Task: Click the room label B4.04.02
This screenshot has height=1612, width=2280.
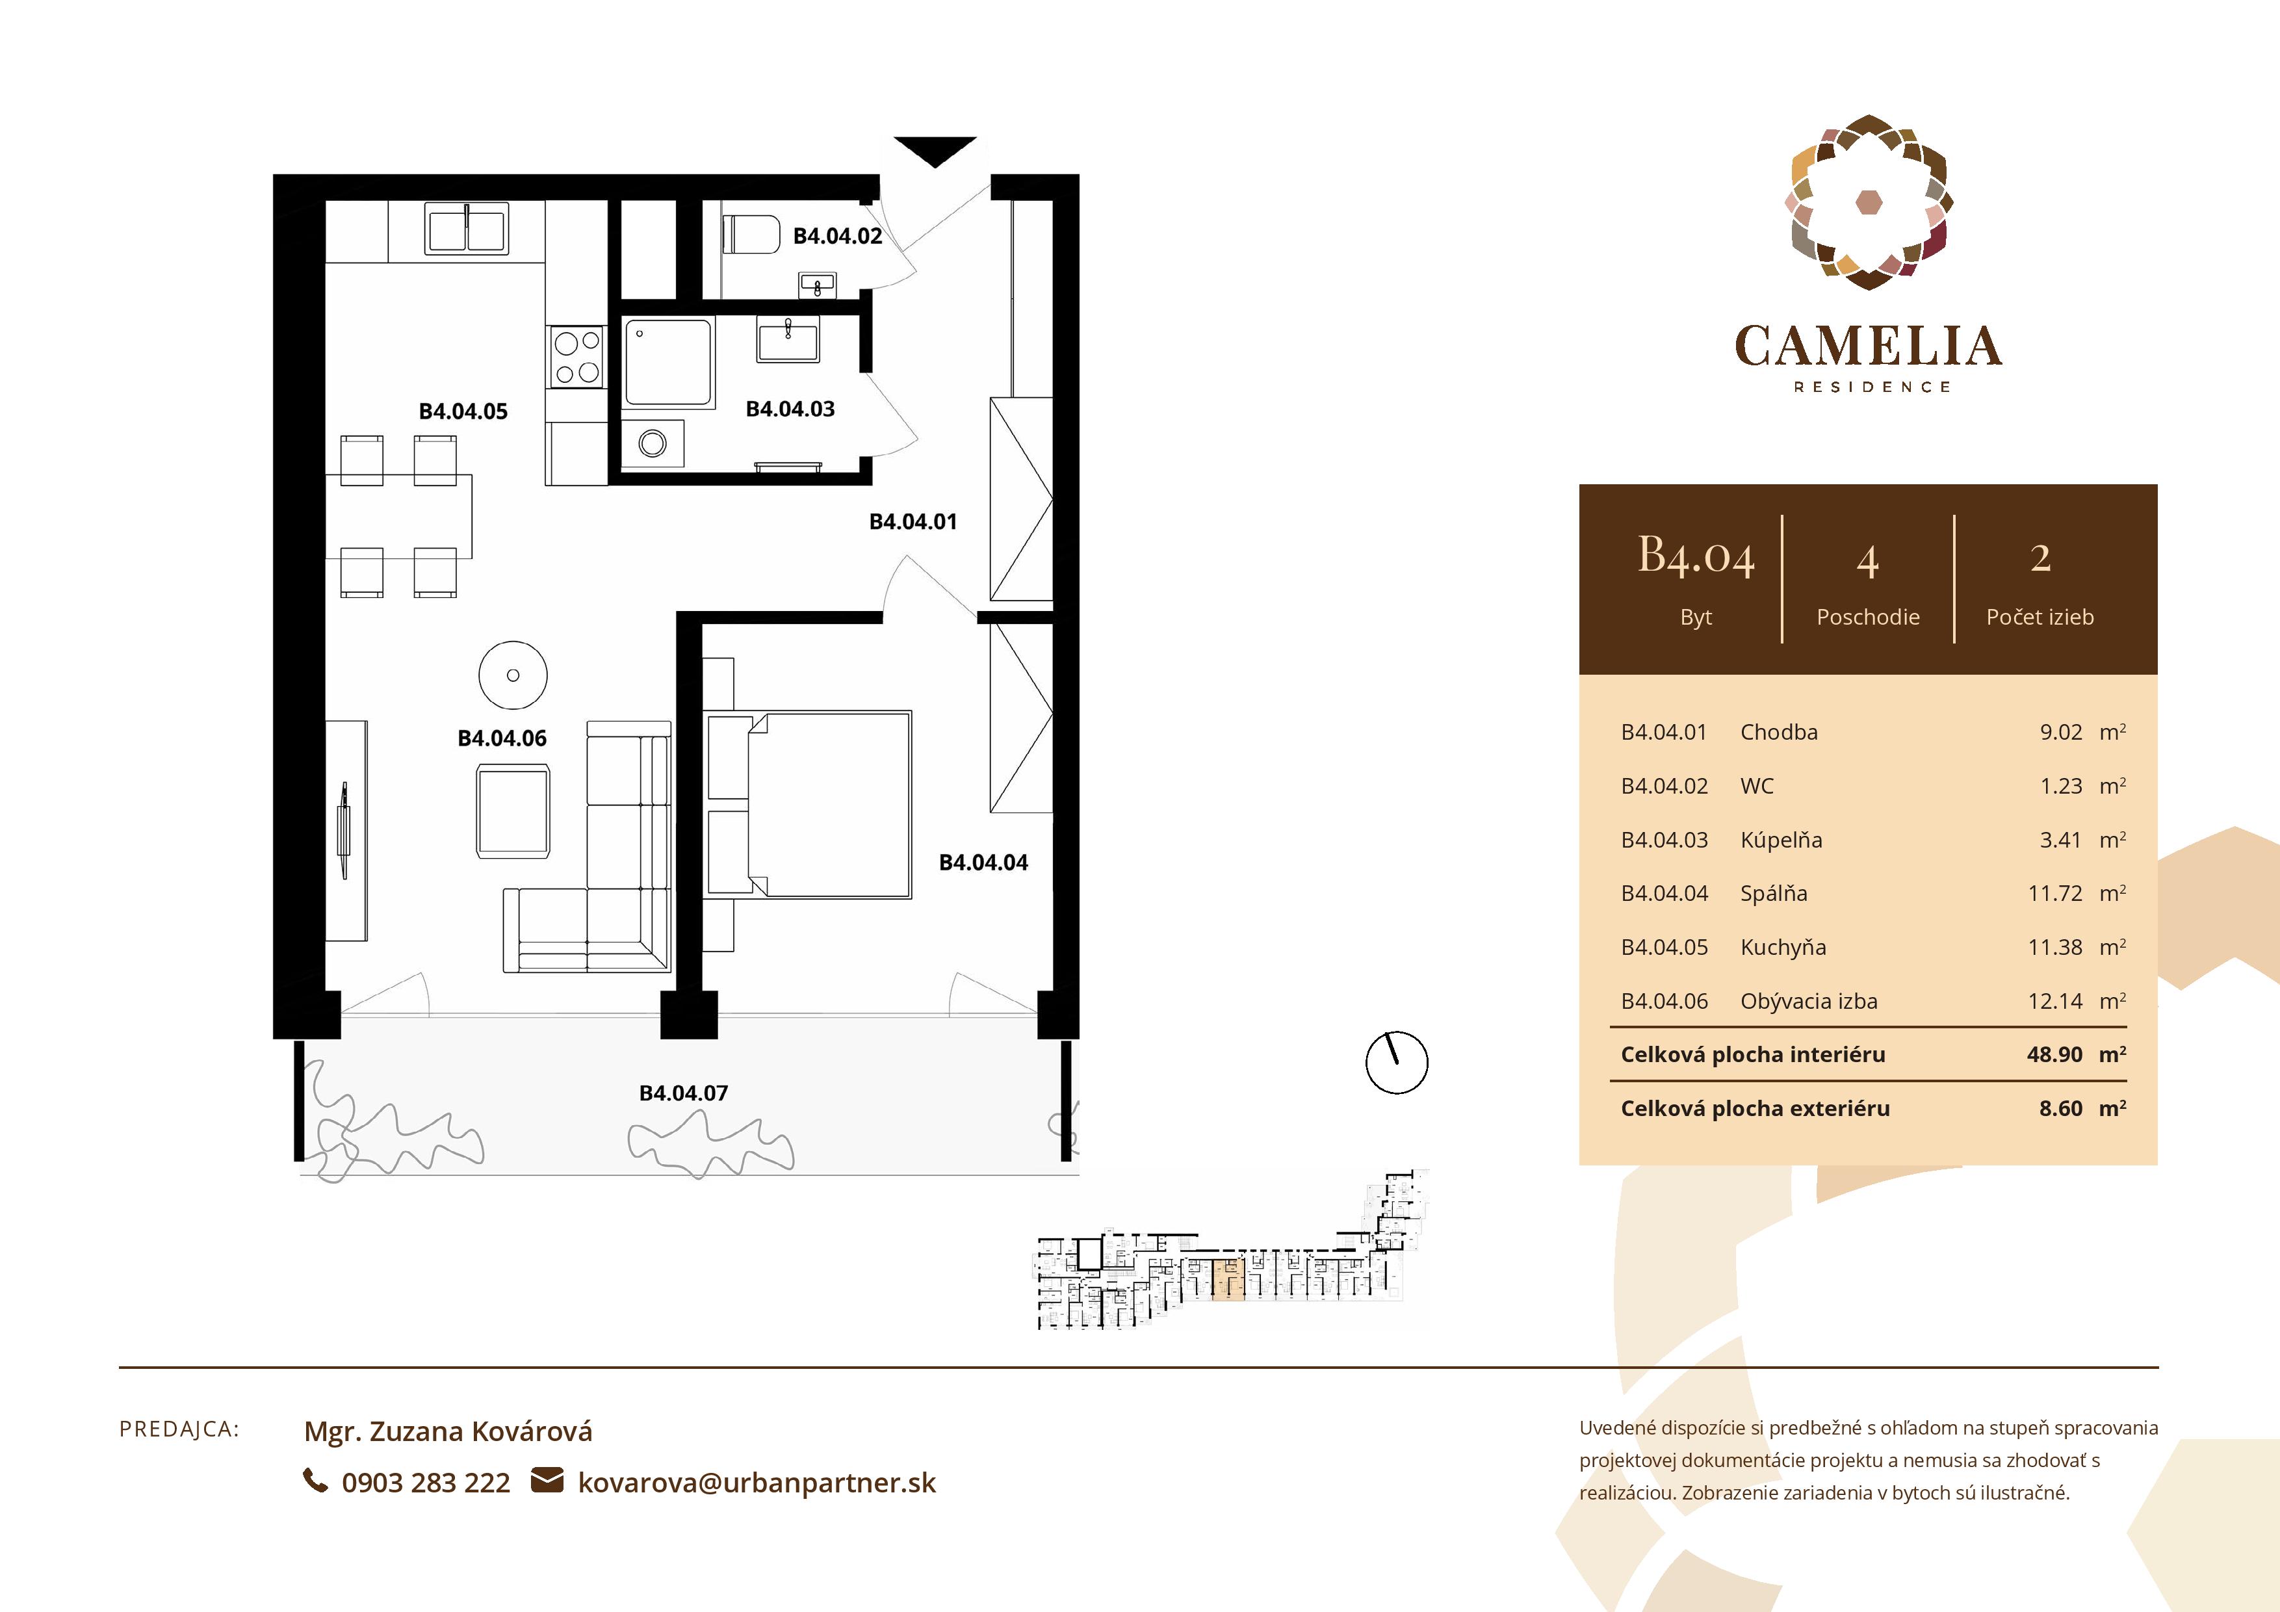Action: click(837, 237)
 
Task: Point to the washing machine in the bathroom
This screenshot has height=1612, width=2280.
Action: click(653, 443)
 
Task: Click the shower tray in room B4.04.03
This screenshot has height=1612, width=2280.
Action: click(668, 363)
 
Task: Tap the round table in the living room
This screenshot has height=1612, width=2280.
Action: click(512, 675)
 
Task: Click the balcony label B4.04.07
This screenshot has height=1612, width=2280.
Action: click(683, 1093)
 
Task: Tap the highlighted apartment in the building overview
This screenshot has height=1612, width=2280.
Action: click(1228, 1280)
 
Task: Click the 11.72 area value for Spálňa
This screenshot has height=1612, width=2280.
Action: click(2054, 894)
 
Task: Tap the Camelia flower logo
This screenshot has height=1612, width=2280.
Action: click(1868, 203)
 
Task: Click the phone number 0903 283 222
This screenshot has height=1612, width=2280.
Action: click(425, 1483)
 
